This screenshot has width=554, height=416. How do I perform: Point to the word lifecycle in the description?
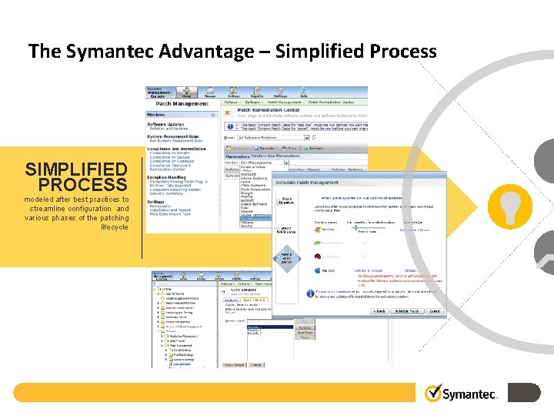click(x=112, y=227)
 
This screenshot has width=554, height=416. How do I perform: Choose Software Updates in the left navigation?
click(x=168, y=124)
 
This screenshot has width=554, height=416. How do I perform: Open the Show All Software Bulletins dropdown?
click(x=273, y=137)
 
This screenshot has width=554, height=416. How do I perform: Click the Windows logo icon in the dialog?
click(x=318, y=229)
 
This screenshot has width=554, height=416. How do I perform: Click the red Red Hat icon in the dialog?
click(x=318, y=257)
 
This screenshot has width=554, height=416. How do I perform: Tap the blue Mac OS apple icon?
click(x=318, y=271)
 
